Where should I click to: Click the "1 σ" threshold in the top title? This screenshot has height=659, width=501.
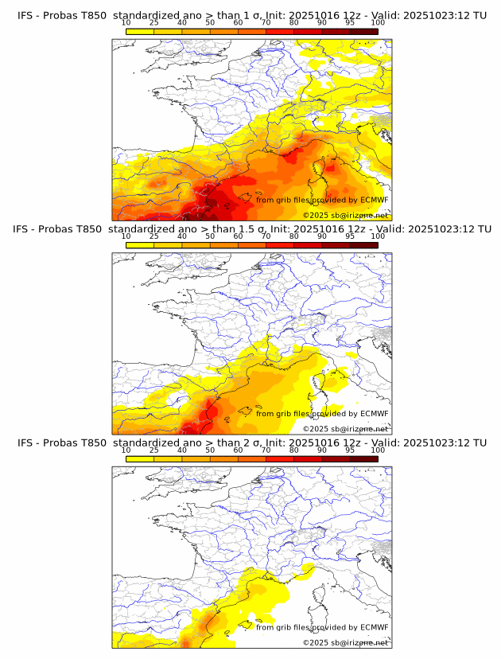pyautogui.click(x=258, y=16)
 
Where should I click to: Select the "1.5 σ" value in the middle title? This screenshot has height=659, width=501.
pyautogui.click(x=260, y=229)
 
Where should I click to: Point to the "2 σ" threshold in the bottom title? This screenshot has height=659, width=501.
pyautogui.click(x=258, y=443)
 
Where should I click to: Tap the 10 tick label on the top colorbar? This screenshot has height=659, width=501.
pyautogui.click(x=126, y=23)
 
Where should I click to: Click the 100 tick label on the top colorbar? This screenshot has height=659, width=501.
pyautogui.click(x=378, y=23)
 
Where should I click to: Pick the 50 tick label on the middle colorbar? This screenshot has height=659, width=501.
pyautogui.click(x=210, y=236)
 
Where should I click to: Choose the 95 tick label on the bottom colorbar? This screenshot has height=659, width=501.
pyautogui.click(x=350, y=450)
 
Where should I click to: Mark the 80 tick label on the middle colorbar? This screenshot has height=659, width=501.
pyautogui.click(x=294, y=236)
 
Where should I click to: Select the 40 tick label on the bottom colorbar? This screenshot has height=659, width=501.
pyautogui.click(x=182, y=450)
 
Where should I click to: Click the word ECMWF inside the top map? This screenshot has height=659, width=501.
pyautogui.click(x=375, y=200)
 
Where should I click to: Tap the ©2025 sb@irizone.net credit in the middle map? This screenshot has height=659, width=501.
pyautogui.click(x=345, y=428)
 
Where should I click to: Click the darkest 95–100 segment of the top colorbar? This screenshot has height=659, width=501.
pyautogui.click(x=364, y=31)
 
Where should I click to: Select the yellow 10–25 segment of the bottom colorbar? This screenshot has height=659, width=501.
pyautogui.click(x=140, y=458)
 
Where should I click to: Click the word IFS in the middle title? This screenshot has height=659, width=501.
pyautogui.click(x=25, y=229)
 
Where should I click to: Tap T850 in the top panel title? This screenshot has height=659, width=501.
pyautogui.click(x=91, y=16)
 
